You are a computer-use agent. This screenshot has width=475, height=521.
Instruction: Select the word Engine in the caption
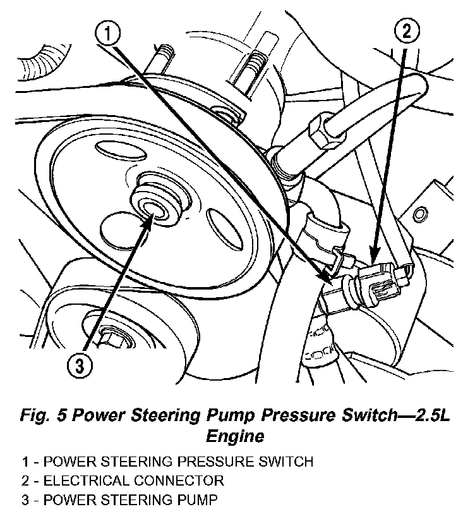point(235,436)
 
